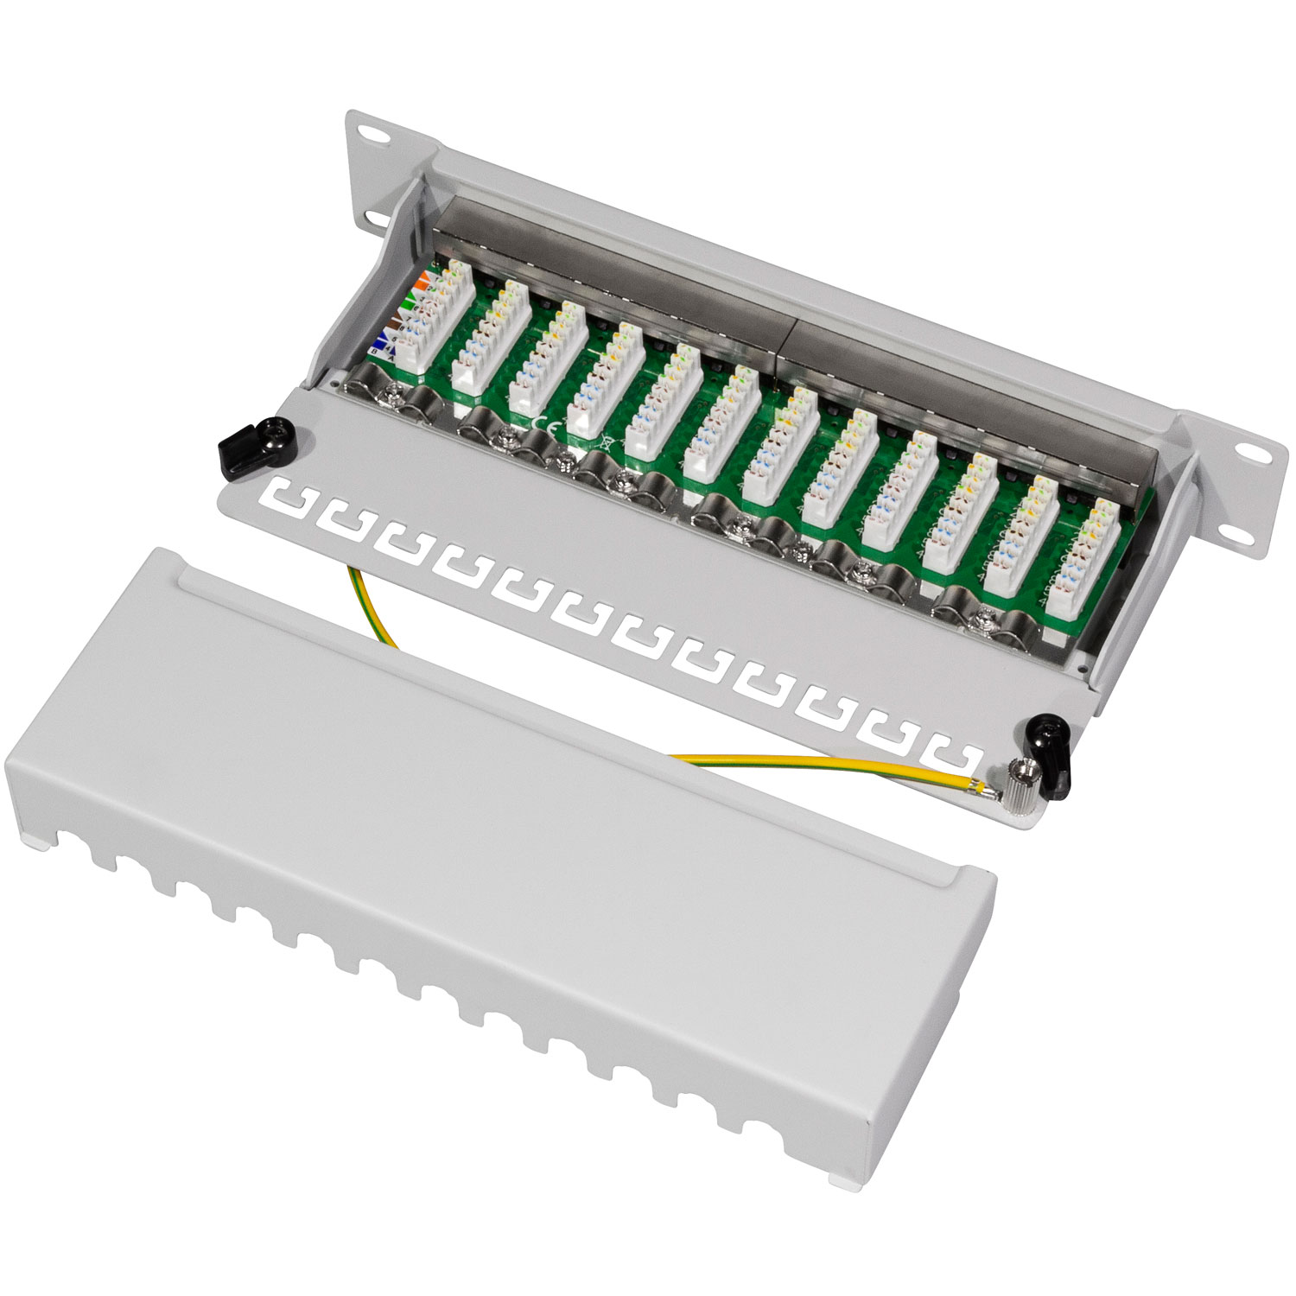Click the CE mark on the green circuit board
pyautogui.click(x=546, y=422)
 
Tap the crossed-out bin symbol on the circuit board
pyautogui.click(x=608, y=446)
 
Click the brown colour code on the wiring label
pyautogui.click(x=393, y=321)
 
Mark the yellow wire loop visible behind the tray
pyautogui.click(x=372, y=605)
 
